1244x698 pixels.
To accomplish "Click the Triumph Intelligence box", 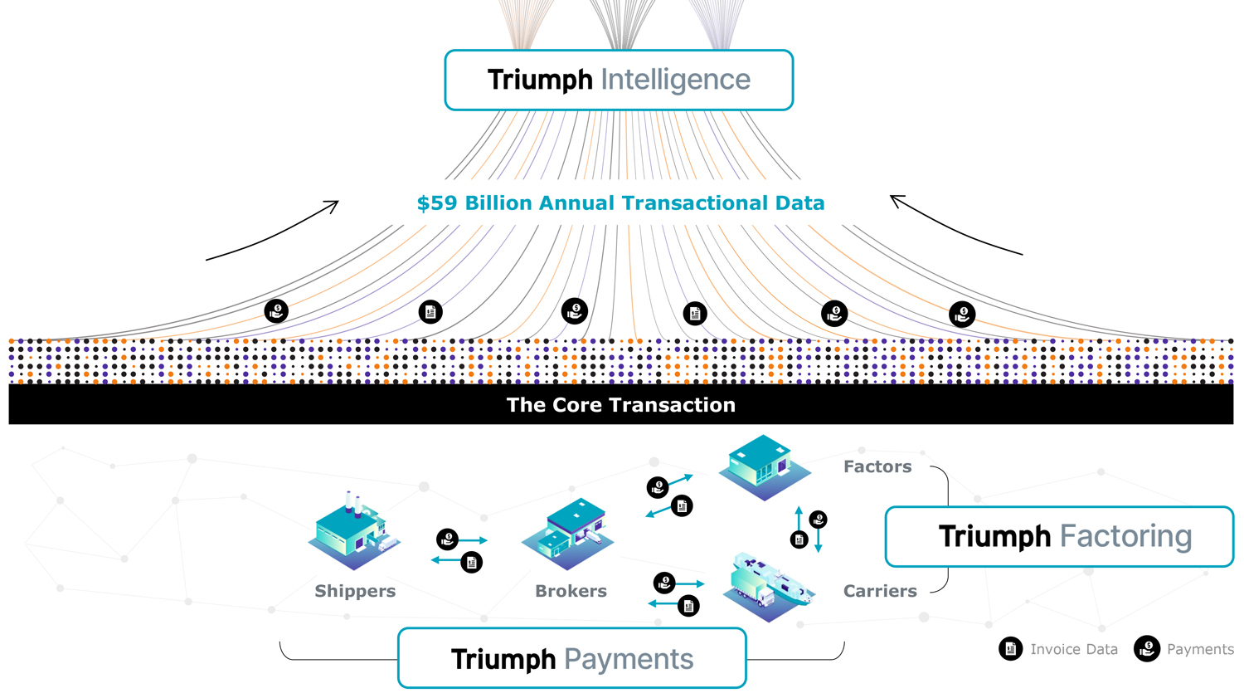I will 619,80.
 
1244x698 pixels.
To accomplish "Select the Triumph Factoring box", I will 1059,537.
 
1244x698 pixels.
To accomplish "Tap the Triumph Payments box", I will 571,659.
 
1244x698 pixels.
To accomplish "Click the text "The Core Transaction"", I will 620,405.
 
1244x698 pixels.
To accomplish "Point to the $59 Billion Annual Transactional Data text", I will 620,203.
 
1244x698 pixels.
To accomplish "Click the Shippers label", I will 355,591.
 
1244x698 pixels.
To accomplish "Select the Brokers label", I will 571,591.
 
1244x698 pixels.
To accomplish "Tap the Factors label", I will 877,466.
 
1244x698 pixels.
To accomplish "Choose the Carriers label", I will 880,591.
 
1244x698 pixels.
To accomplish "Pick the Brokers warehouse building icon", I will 568,534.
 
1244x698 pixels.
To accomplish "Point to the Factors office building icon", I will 764,466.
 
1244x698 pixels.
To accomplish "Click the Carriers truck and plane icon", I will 767,586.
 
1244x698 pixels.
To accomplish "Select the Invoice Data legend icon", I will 1010,649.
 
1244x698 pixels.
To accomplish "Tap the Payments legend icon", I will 1147,649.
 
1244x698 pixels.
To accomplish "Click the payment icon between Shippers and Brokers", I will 448,539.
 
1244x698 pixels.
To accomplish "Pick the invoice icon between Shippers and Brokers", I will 471,563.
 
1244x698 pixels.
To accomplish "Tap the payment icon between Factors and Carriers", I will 818,520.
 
